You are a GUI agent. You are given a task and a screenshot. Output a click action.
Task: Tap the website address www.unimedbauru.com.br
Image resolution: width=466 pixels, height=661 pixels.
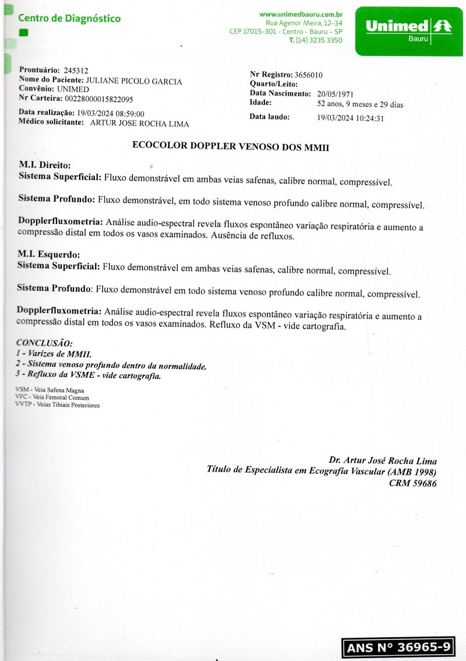(301, 14)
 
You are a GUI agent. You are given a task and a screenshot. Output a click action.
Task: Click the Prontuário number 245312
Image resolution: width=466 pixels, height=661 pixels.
(76, 71)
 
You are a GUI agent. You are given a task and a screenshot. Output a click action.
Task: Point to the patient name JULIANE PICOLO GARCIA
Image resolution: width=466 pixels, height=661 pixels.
(133, 81)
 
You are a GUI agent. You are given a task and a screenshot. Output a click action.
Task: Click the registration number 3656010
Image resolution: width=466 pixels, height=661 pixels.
(309, 75)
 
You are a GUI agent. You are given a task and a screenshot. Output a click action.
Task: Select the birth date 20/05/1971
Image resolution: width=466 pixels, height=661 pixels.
(335, 94)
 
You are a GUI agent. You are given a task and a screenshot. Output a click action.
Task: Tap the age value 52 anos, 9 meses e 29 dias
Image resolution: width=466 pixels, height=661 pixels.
(359, 104)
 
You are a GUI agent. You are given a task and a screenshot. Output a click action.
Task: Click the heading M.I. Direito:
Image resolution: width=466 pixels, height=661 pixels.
(45, 165)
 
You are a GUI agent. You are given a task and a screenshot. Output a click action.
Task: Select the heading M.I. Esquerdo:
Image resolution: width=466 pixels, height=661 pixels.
(49, 255)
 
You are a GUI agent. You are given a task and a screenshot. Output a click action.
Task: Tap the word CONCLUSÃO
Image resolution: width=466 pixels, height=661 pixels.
(44, 343)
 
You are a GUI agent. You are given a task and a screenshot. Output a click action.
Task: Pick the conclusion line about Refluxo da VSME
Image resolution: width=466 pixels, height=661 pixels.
(91, 376)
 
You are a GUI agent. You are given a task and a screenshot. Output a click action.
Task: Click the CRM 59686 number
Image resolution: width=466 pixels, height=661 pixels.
(412, 483)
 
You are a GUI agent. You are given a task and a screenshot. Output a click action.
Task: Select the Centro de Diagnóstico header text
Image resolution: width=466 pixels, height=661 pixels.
(69, 19)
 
